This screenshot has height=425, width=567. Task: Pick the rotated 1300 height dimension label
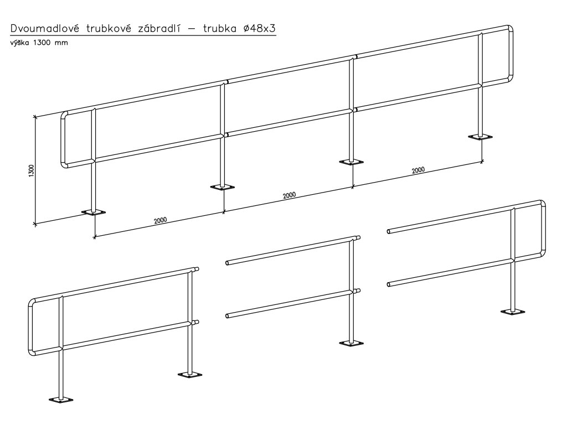[x=32, y=170]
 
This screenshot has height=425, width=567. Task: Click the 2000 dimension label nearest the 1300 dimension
[x=160, y=220]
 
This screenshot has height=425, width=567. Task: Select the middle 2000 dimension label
[x=288, y=195]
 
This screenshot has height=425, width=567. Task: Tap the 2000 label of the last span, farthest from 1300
[x=418, y=170]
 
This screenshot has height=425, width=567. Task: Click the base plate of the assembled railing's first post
[x=93, y=212]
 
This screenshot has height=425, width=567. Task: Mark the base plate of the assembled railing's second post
[x=223, y=187]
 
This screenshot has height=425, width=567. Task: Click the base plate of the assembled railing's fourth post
[x=480, y=137]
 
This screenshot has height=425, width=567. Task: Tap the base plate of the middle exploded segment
[x=351, y=343]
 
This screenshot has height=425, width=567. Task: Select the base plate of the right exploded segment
[x=513, y=312]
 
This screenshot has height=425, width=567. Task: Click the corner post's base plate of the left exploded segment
[x=61, y=399]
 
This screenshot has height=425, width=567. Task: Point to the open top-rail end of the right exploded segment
[x=389, y=231]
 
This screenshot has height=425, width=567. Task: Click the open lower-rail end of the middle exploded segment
[x=228, y=316]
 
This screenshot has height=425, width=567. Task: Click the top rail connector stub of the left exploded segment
[x=195, y=269]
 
